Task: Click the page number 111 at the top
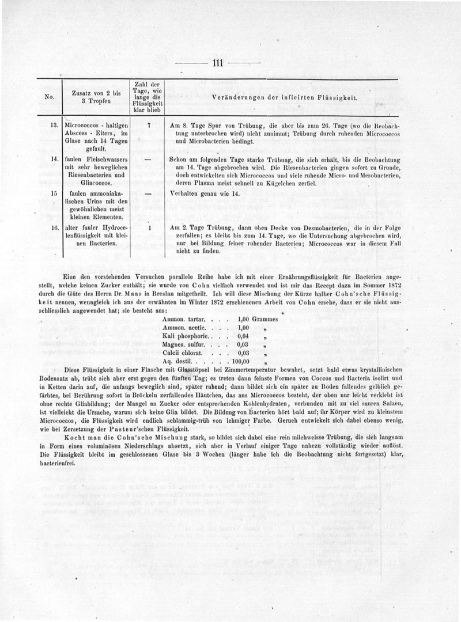click(x=218, y=63)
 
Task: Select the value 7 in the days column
click(x=149, y=124)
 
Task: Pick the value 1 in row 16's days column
click(x=149, y=228)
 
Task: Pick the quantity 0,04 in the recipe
click(x=244, y=336)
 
